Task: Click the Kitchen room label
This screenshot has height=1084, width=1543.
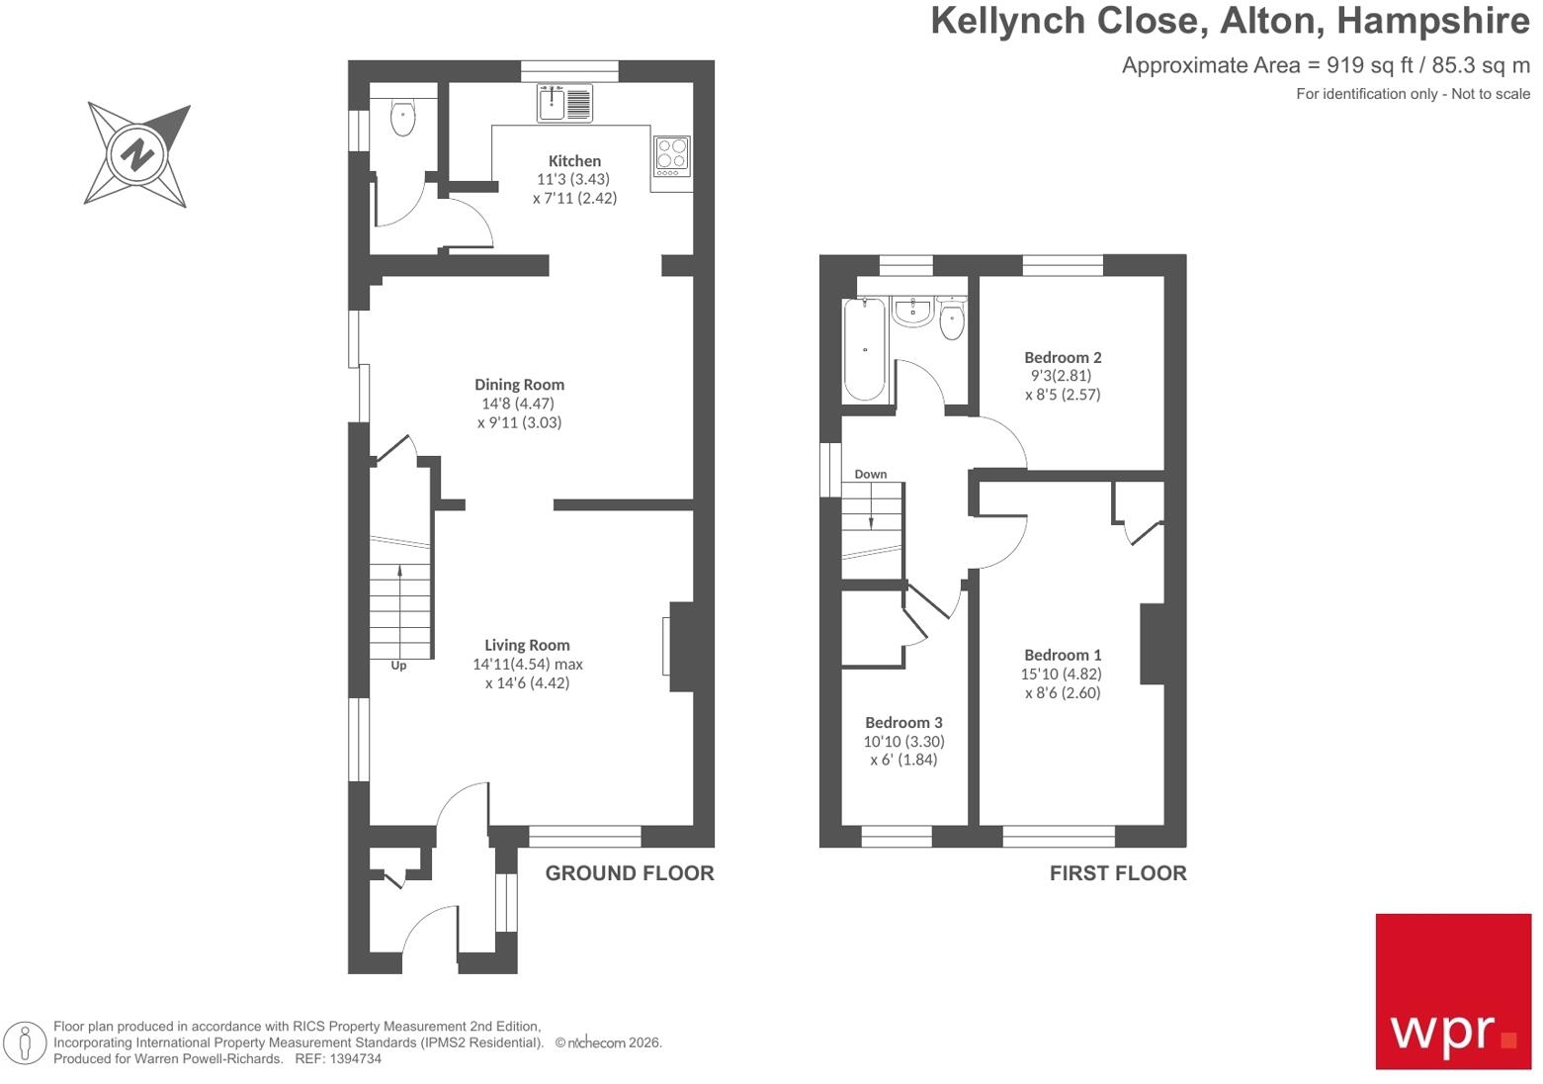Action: [x=574, y=160]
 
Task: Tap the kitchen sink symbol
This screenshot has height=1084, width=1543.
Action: [x=564, y=103]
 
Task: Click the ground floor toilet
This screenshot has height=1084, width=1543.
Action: [x=403, y=118]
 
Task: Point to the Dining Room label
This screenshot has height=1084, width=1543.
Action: [x=519, y=385]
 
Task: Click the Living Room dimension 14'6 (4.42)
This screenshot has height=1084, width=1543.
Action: [x=528, y=682]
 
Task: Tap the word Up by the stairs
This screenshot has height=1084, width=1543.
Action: [x=398, y=666]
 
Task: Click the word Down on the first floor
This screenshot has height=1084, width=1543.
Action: [x=871, y=474]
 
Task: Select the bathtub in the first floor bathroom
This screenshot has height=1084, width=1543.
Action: [x=865, y=349]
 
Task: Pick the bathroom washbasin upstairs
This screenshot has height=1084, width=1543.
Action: [x=913, y=312]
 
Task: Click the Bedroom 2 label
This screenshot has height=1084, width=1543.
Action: [x=1063, y=357]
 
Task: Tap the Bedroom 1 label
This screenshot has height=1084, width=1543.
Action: [x=1063, y=655]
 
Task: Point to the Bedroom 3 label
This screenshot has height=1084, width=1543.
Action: [x=903, y=722]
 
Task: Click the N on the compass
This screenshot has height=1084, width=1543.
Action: [x=137, y=154]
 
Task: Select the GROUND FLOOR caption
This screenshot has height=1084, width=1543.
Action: [x=630, y=873]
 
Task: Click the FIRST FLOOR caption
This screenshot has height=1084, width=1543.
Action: [x=1118, y=873]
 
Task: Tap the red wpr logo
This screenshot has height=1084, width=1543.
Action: [x=1453, y=992]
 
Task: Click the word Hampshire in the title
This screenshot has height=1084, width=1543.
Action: [x=1433, y=22]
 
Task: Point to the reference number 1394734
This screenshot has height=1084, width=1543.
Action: [x=356, y=1058]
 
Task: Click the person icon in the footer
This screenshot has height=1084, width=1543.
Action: [x=25, y=1043]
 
